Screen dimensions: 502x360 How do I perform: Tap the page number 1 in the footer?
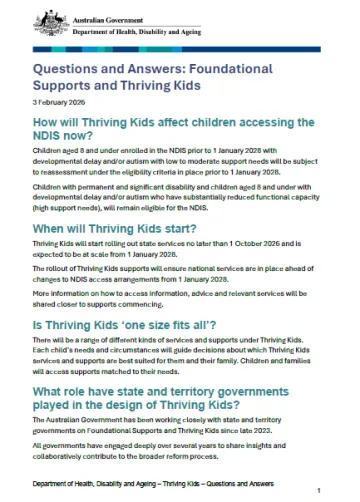pyautogui.click(x=318, y=490)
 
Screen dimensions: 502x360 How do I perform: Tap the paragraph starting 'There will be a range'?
pyautogui.click(x=174, y=355)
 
